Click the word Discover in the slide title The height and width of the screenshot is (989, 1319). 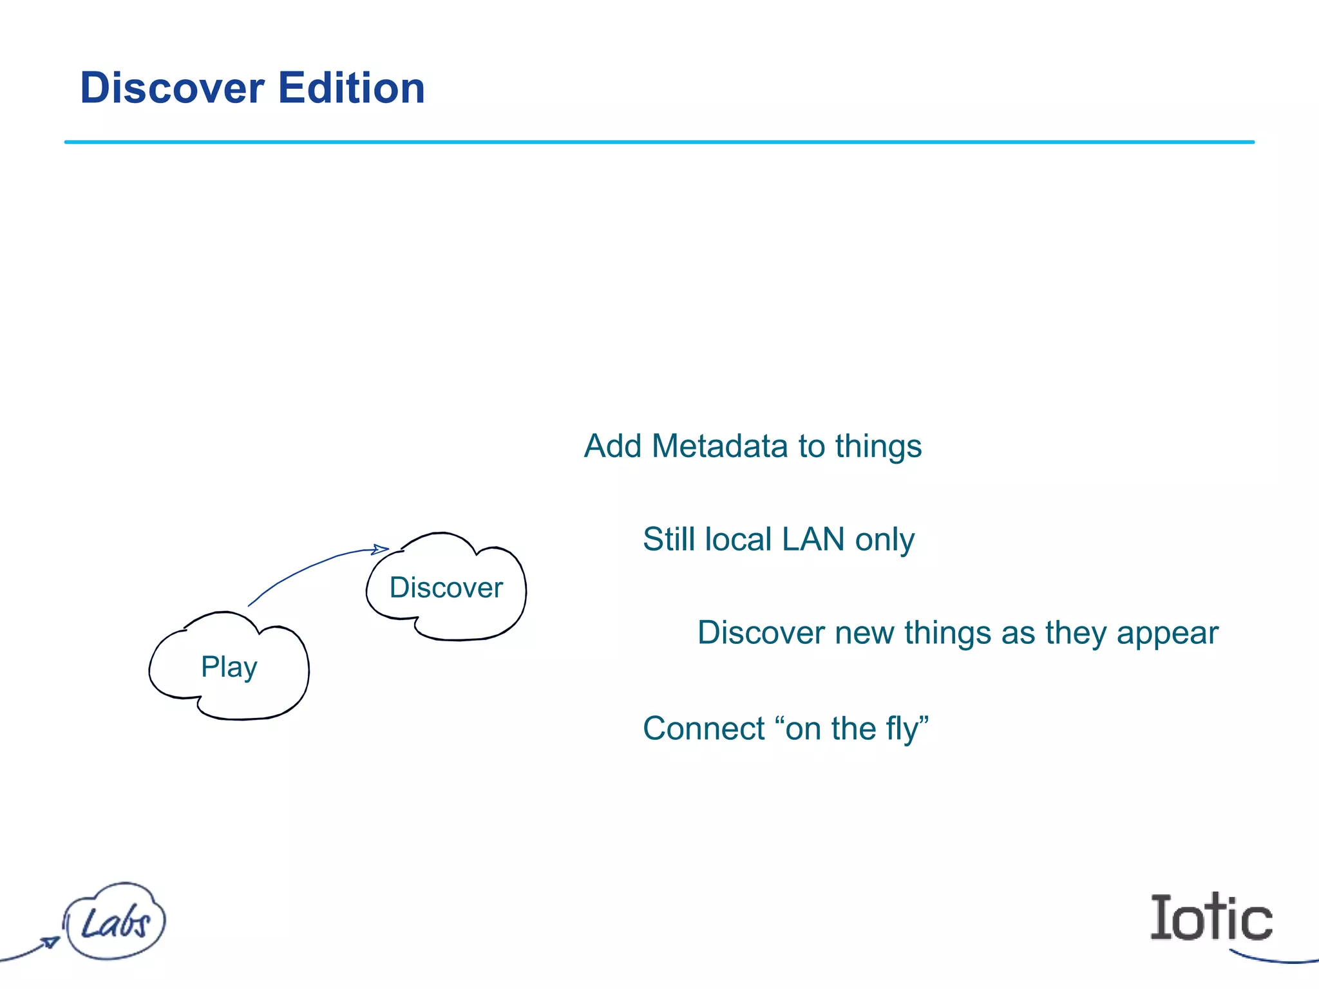click(172, 88)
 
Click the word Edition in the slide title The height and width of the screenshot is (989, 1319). click(351, 88)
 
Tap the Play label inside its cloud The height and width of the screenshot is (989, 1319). click(229, 667)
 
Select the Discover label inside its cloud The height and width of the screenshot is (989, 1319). click(446, 588)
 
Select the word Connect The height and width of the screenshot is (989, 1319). click(704, 729)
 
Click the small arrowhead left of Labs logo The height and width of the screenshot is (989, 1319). click(50, 943)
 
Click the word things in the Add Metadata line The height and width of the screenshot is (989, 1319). click(878, 446)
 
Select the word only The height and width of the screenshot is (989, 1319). click(884, 540)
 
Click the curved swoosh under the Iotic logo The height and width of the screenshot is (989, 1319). click(1272, 959)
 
